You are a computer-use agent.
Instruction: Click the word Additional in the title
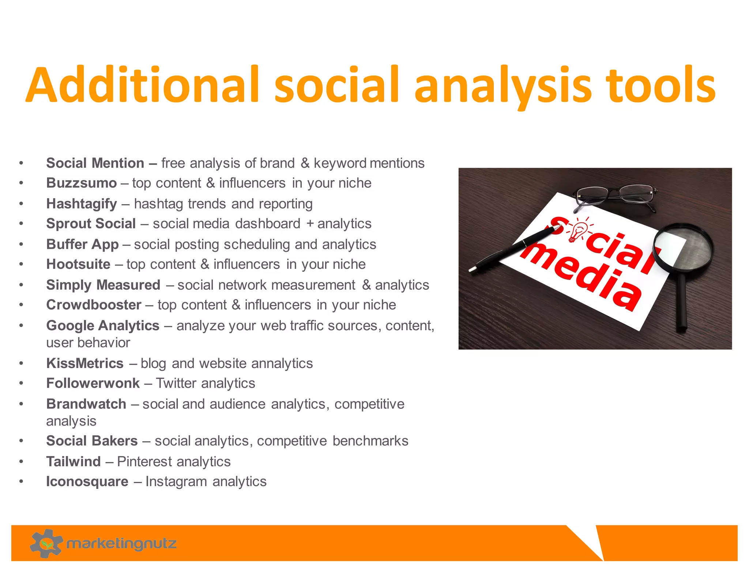tap(143, 85)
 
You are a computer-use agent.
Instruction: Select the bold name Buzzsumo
tap(81, 183)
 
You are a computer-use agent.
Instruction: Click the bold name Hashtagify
tap(81, 204)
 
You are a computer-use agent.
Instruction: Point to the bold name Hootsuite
tap(78, 264)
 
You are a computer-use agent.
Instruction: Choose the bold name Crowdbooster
tap(94, 305)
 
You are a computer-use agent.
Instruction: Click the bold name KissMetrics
tap(84, 364)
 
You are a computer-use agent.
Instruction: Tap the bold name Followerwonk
tap(93, 383)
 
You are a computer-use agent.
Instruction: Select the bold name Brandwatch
tap(86, 404)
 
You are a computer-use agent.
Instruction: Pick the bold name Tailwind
tap(73, 462)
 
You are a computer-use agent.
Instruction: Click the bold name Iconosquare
tap(87, 482)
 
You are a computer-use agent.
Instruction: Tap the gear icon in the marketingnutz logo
tap(46, 543)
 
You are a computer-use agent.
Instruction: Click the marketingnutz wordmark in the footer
tap(121, 544)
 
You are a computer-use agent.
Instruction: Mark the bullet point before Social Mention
tap(22, 163)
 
